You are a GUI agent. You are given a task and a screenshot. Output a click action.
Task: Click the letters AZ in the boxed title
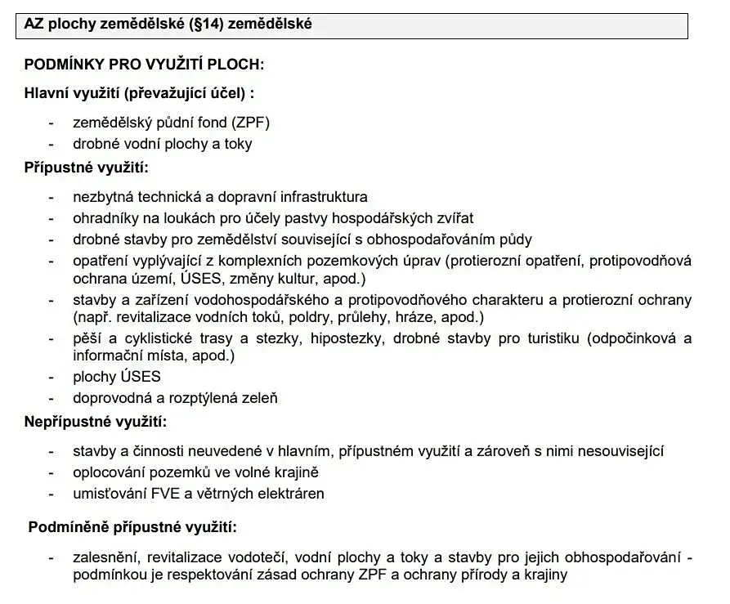tap(34, 25)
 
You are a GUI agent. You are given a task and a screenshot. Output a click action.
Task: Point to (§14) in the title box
tap(205, 25)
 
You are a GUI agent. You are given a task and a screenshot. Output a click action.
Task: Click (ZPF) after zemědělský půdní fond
tap(251, 123)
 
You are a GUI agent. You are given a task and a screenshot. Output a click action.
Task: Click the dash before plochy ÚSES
tap(52, 377)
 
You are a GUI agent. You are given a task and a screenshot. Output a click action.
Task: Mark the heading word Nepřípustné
tap(65, 423)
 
